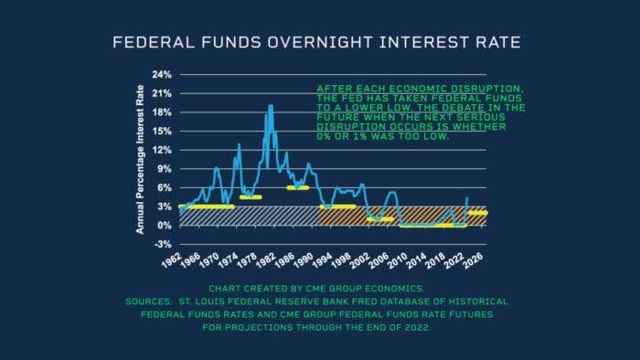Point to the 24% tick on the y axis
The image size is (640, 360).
pyautogui.click(x=161, y=74)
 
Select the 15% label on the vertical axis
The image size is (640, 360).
pyautogui.click(x=161, y=131)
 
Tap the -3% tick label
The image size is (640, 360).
pyautogui.click(x=161, y=245)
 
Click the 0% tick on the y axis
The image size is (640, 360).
pyautogui.click(x=163, y=226)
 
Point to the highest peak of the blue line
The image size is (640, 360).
pyautogui.click(x=271, y=106)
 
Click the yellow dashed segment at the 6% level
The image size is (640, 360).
pyautogui.click(x=298, y=187)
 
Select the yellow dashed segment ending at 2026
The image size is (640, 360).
pyautogui.click(x=477, y=213)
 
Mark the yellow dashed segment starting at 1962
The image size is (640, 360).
pyautogui.click(x=208, y=206)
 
